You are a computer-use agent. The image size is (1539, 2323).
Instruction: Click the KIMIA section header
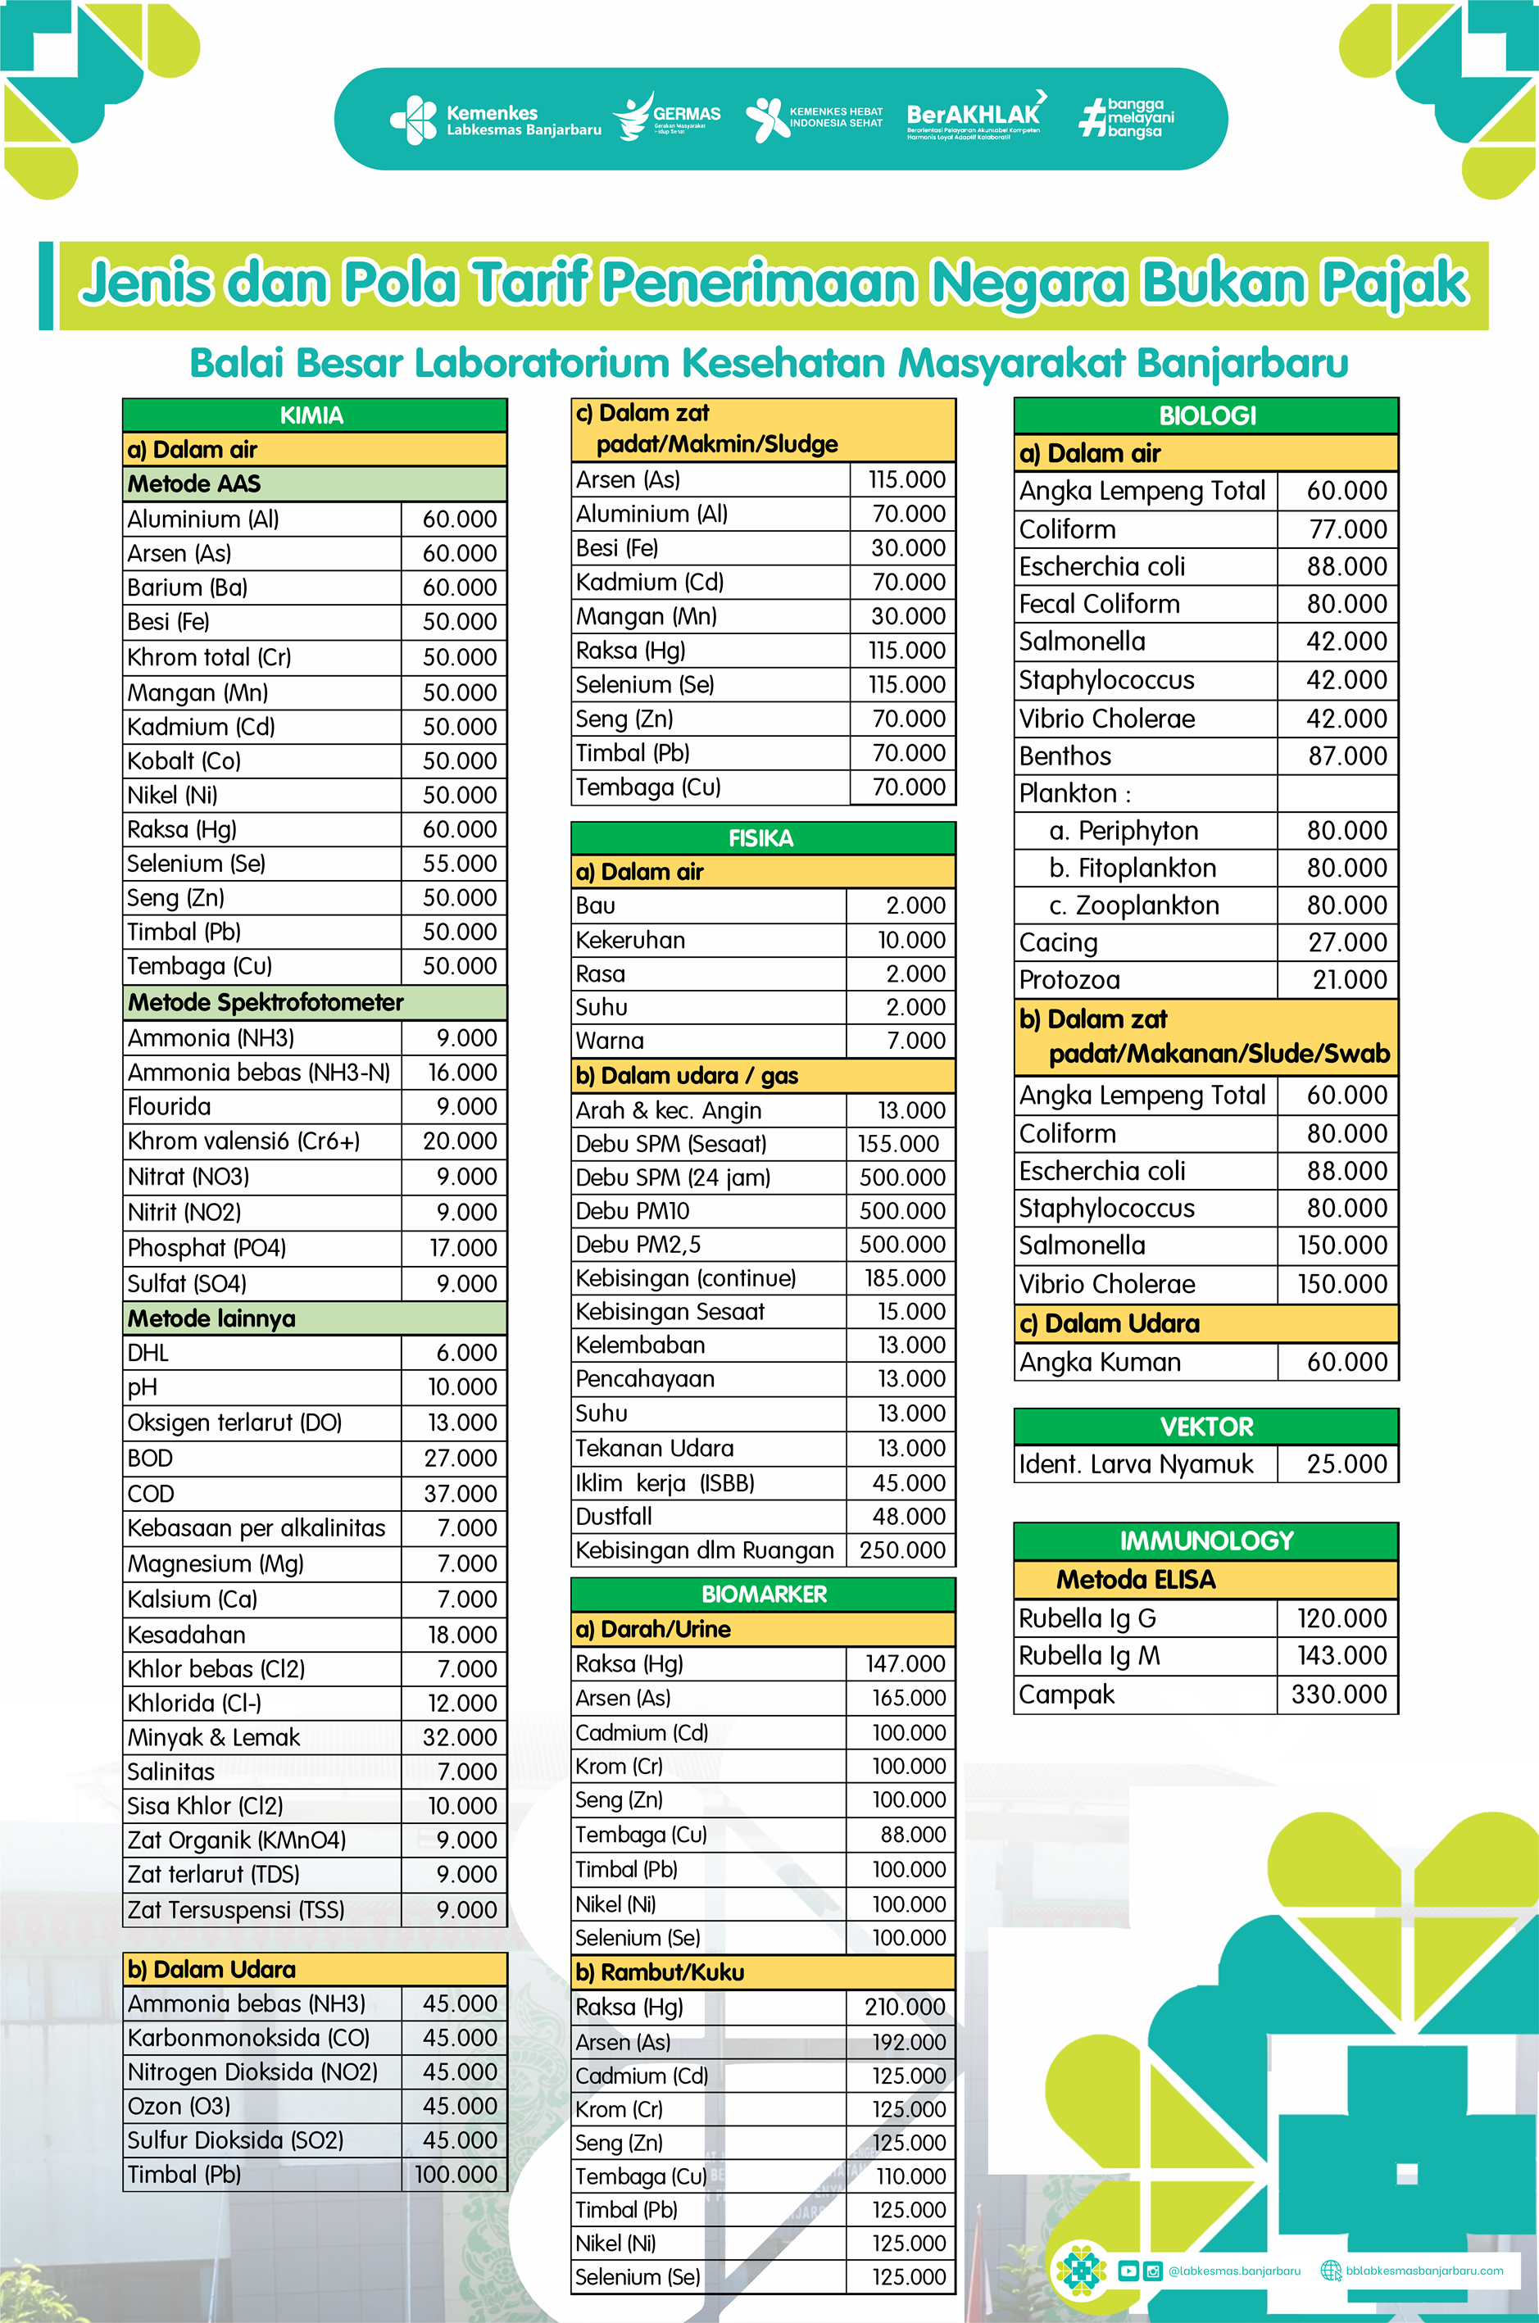(312, 415)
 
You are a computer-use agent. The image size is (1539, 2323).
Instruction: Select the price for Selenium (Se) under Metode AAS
(458, 864)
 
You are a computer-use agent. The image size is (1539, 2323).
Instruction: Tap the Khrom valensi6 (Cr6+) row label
(243, 1141)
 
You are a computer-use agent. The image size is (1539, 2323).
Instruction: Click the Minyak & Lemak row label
(214, 1737)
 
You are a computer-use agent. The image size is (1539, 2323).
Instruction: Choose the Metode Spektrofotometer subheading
(265, 1002)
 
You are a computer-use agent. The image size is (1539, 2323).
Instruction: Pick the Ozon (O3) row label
(179, 2106)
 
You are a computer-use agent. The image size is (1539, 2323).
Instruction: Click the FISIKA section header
(760, 838)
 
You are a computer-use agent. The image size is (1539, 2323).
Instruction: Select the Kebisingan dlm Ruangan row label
(704, 1550)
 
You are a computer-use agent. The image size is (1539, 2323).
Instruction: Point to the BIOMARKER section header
(764, 1595)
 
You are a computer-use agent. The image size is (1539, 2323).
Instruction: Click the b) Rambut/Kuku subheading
(660, 1972)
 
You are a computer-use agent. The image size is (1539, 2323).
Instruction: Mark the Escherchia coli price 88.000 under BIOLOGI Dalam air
(1346, 566)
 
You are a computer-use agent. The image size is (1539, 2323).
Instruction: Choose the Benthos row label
(1065, 755)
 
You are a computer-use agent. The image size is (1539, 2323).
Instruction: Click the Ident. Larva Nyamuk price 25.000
(1346, 1464)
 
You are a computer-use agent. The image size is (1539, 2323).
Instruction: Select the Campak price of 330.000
(1339, 1695)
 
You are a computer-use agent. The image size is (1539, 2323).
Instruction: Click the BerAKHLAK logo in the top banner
(974, 118)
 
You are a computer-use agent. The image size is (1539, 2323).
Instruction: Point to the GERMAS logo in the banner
(667, 118)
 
